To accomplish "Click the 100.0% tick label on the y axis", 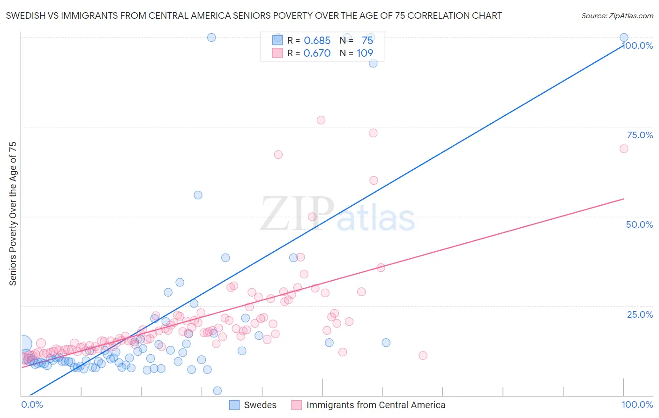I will click(x=638, y=45).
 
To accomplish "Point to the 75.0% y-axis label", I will click(x=640, y=135).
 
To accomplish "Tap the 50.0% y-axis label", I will click(x=639, y=224).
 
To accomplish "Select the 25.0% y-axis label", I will click(x=640, y=314).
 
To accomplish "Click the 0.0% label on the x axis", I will click(x=32, y=404).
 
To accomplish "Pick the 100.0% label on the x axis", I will click(x=637, y=404).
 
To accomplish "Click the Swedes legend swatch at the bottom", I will click(x=234, y=405).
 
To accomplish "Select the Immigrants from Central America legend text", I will click(x=375, y=405).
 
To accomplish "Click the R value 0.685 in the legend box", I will click(x=317, y=40).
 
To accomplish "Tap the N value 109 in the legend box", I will click(x=365, y=53).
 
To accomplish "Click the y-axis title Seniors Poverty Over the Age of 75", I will click(x=13, y=213).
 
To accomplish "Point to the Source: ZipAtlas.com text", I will click(x=617, y=15).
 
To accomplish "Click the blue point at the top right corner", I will click(x=624, y=37).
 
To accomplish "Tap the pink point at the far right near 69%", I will click(x=624, y=149).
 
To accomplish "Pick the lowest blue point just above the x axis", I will click(x=217, y=391).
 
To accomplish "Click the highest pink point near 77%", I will click(x=321, y=120).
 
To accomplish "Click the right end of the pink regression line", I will click(x=623, y=199).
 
